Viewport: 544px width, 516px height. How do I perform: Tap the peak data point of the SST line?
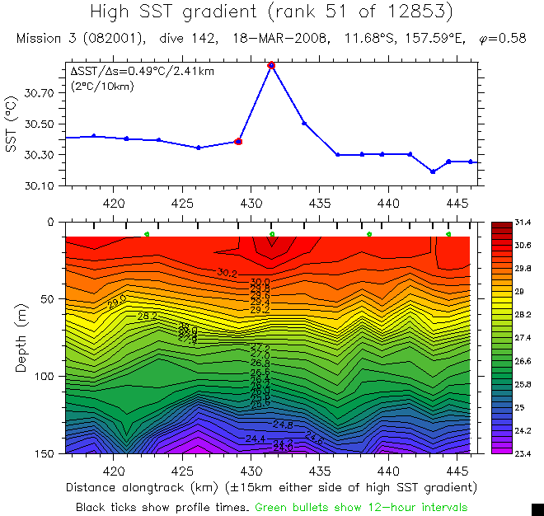(271, 64)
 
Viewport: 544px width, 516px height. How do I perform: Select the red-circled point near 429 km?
(238, 142)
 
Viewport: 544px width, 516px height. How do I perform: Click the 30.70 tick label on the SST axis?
(40, 94)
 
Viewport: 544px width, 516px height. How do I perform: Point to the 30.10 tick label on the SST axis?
(40, 185)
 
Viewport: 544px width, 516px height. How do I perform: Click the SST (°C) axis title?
(11, 124)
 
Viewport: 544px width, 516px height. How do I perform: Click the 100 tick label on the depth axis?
(44, 376)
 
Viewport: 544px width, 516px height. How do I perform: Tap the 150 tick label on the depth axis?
(44, 453)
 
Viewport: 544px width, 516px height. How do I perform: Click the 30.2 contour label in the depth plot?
(227, 272)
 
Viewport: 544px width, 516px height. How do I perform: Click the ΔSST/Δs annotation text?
(142, 72)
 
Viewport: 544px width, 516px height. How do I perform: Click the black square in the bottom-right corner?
(537, 509)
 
